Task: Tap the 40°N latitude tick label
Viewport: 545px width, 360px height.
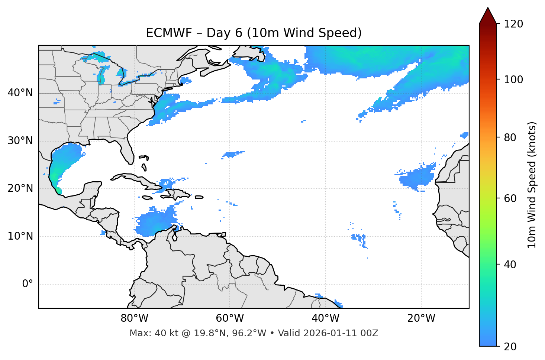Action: pos(20,93)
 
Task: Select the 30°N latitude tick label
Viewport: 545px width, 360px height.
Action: pos(20,141)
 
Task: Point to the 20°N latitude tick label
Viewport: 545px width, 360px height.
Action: pos(20,188)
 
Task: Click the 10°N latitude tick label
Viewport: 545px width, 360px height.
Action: pos(20,236)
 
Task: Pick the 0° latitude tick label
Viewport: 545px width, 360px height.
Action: pos(28,284)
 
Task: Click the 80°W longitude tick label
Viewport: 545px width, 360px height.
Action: pos(134,318)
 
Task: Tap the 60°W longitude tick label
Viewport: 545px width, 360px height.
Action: pos(230,318)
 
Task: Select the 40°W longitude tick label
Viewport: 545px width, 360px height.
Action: pos(325,318)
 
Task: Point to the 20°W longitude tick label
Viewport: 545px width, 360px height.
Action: pos(421,318)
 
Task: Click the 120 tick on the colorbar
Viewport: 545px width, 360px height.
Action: pos(513,24)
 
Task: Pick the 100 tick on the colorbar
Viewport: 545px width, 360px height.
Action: pos(513,80)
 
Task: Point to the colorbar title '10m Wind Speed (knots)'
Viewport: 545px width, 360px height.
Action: pos(532,185)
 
